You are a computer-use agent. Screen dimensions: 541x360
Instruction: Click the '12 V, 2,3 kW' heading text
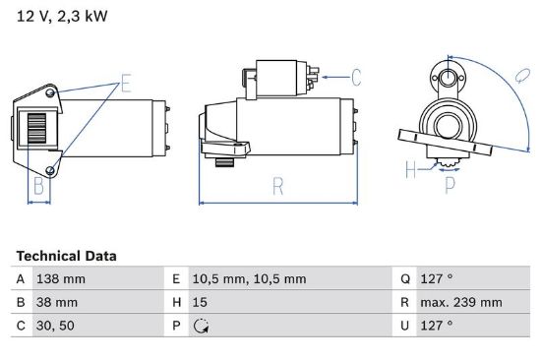pos(62,16)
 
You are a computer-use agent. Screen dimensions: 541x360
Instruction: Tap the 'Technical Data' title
pos(66,256)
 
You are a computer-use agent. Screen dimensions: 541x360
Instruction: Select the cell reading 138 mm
pos(61,279)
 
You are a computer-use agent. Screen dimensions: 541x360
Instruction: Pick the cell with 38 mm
pos(57,302)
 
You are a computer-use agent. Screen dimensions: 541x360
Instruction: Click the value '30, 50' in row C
pos(55,326)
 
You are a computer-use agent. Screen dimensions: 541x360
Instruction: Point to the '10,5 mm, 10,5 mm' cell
pos(249,279)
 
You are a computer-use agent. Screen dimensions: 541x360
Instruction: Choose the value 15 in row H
pos(200,302)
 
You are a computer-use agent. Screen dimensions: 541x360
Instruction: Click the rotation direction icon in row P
pos(201,326)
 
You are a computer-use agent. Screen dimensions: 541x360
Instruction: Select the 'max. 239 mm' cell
pos(461,302)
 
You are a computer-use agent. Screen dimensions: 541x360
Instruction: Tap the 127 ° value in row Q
pos(437,278)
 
